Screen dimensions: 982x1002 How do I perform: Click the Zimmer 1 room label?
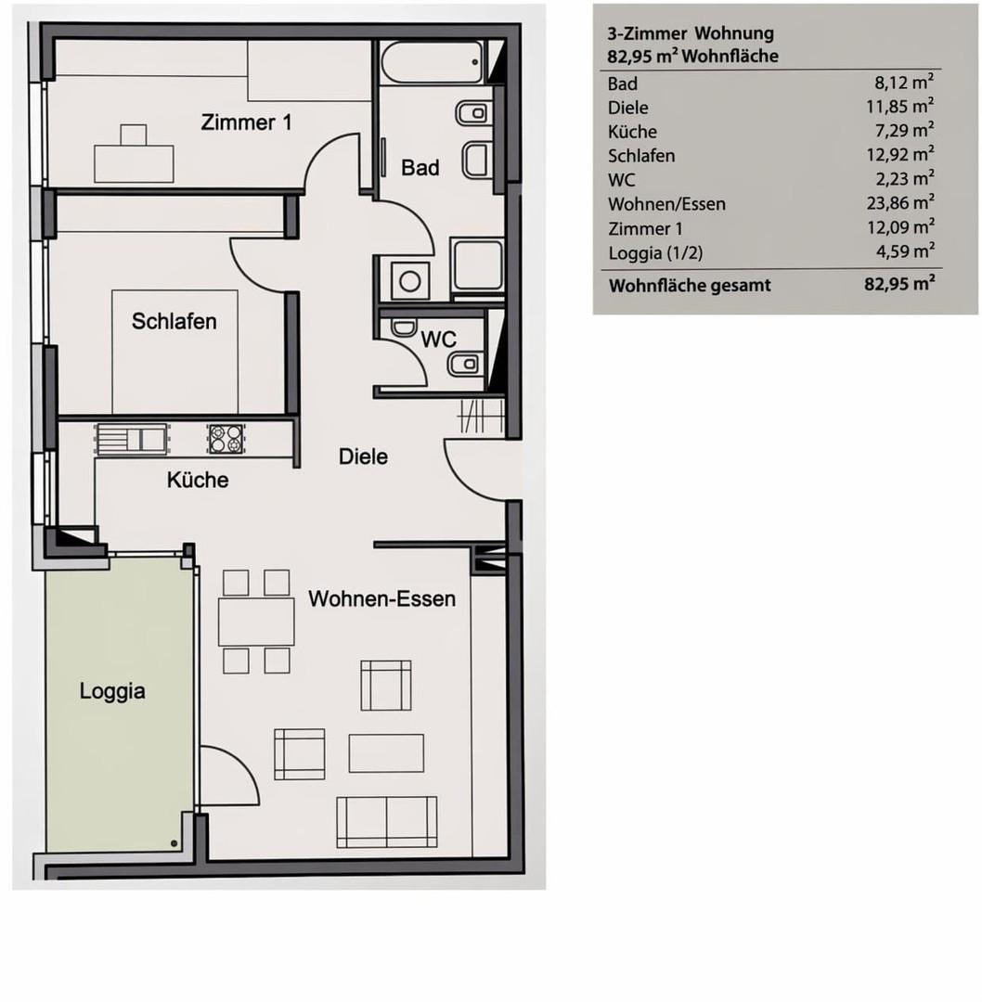pyautogui.click(x=246, y=122)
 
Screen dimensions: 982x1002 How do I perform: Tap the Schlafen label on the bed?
pyautogui.click(x=174, y=321)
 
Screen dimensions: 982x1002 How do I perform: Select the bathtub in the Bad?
pyautogui.click(x=433, y=63)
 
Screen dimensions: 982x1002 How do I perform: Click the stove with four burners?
pyautogui.click(x=226, y=439)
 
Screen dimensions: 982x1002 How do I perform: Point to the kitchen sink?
pyautogui.click(x=131, y=439)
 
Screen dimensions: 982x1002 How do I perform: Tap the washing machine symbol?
pyautogui.click(x=409, y=280)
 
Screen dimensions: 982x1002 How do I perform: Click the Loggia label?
pyautogui.click(x=112, y=691)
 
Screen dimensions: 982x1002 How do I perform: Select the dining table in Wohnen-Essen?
pyautogui.click(x=256, y=622)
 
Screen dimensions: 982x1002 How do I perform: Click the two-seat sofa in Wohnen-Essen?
pyautogui.click(x=387, y=822)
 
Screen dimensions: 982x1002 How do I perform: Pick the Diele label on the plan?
pyautogui.click(x=363, y=456)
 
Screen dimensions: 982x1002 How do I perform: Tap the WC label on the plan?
pyautogui.click(x=439, y=340)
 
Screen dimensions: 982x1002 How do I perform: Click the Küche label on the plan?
pyautogui.click(x=198, y=480)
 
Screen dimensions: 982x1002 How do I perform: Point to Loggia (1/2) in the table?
pyautogui.click(x=655, y=253)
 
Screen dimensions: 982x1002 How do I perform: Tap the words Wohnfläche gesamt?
pyautogui.click(x=690, y=285)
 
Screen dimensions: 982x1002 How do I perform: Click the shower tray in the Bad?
pyautogui.click(x=477, y=265)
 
